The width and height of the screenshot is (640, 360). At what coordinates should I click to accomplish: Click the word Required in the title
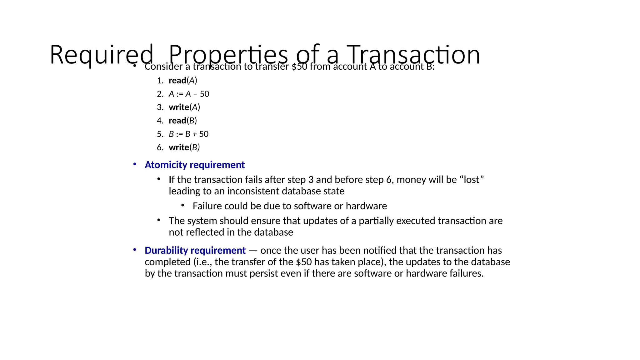click(101, 55)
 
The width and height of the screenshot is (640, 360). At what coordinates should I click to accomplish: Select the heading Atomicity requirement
click(194, 165)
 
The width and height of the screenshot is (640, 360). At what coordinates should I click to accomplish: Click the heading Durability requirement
click(195, 250)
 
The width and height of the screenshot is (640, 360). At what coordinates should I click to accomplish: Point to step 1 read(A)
click(183, 81)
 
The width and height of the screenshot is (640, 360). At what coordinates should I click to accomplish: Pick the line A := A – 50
click(189, 94)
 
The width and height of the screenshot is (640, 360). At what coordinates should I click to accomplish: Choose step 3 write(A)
click(184, 107)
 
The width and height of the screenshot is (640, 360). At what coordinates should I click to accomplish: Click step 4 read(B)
click(183, 121)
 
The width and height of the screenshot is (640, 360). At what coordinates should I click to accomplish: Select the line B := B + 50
click(188, 134)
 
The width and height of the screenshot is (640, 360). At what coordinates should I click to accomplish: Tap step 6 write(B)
click(184, 147)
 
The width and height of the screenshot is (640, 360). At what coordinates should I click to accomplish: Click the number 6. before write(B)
click(160, 147)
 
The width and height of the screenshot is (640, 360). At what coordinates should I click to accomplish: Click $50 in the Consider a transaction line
click(299, 67)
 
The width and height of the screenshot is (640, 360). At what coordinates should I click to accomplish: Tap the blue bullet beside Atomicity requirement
click(135, 164)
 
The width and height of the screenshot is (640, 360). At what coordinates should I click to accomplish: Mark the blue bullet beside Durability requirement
click(135, 250)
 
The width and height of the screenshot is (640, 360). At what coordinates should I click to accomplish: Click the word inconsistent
click(253, 191)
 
